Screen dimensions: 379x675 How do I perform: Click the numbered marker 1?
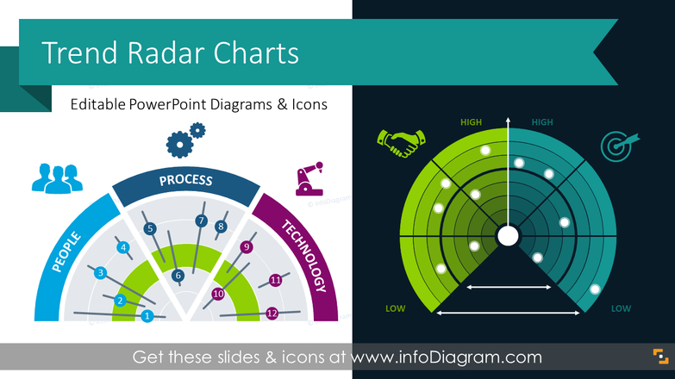(147, 316)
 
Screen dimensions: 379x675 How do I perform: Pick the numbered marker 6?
(178, 276)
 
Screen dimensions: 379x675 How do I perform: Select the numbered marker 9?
(247, 248)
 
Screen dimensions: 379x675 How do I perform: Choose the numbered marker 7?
(201, 221)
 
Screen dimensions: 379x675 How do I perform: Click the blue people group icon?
(57, 176)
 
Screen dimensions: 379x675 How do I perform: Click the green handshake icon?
(401, 142)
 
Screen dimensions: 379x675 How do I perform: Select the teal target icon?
(617, 144)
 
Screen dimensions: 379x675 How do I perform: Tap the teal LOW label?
(621, 308)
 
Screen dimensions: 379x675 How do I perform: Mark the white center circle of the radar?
(508, 234)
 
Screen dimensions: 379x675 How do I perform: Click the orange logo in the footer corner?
(659, 357)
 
